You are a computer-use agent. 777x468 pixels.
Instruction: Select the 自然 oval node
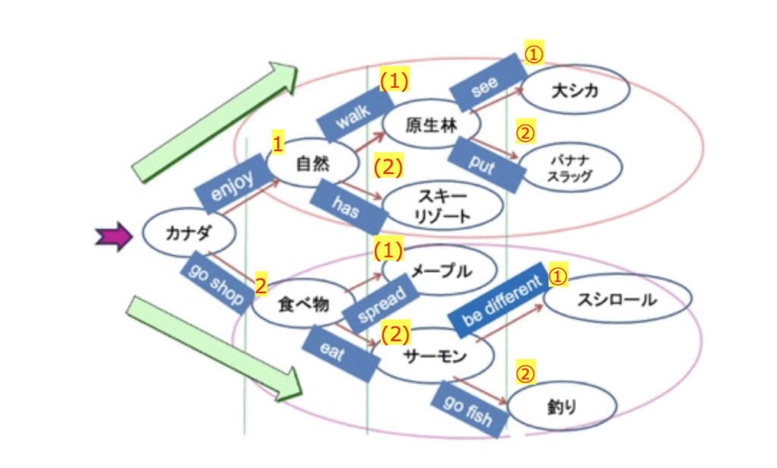312,161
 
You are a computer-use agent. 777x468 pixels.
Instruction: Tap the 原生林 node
431,125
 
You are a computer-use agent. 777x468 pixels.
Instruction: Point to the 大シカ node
575,91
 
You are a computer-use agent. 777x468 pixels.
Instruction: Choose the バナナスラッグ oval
571,169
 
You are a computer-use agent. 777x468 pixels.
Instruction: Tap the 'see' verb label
486,84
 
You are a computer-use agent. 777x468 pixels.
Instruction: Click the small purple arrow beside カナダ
115,237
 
